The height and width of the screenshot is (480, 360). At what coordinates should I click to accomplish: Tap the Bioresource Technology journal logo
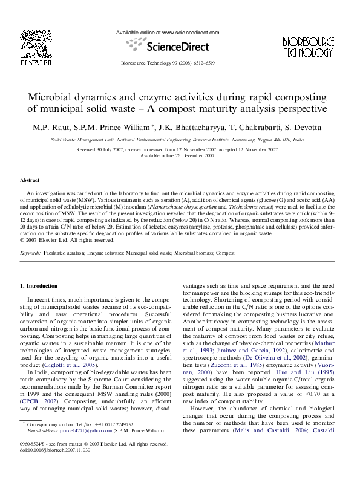coord(309,46)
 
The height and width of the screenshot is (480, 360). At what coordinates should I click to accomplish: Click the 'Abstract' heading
coord(30,180)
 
